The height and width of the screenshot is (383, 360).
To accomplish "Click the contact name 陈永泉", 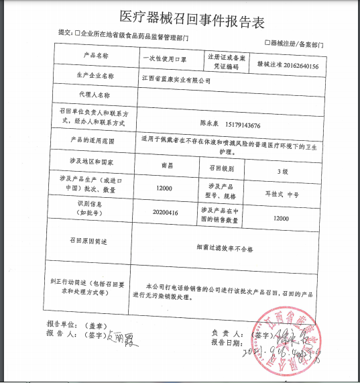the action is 212,125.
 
